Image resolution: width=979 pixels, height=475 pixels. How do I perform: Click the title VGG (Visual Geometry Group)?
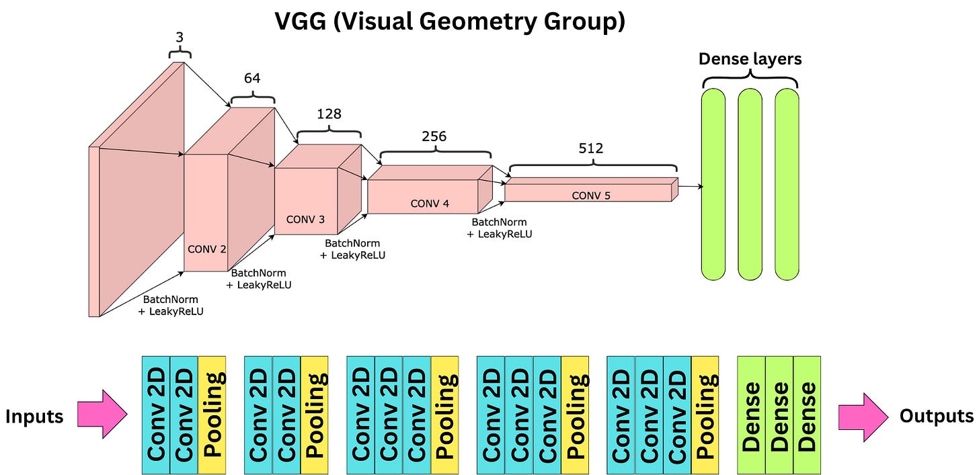click(x=450, y=21)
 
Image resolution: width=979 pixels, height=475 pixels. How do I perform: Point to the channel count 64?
click(x=252, y=79)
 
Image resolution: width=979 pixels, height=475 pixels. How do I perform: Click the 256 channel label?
click(x=434, y=136)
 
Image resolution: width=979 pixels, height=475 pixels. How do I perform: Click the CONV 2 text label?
click(x=206, y=249)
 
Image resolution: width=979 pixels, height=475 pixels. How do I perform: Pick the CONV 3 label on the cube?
click(x=305, y=219)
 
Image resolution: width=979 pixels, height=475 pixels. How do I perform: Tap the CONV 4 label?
click(x=429, y=204)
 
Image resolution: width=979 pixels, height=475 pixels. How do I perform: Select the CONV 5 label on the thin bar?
click(x=592, y=196)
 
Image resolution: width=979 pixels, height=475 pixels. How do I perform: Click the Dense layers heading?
click(x=750, y=59)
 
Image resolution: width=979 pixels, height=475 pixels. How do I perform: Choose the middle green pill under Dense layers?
click(x=750, y=185)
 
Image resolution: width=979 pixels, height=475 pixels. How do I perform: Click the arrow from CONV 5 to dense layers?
click(x=691, y=186)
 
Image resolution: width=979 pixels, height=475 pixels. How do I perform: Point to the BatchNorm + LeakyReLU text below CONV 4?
click(x=499, y=228)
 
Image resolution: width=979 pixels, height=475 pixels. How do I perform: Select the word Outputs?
click(x=936, y=417)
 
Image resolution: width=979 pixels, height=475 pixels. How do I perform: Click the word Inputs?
click(x=34, y=417)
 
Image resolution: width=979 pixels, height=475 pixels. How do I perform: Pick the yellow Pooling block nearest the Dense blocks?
click(x=705, y=415)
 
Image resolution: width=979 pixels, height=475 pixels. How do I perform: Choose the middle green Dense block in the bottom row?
click(x=779, y=415)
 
